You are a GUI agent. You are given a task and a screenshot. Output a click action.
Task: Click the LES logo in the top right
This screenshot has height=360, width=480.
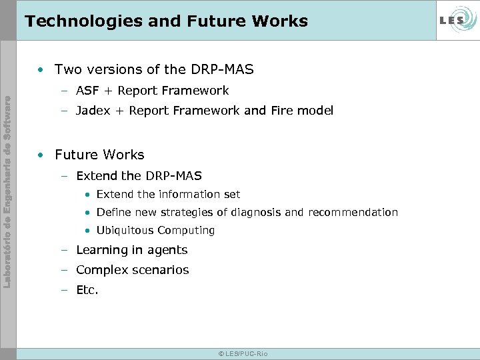coord(456,20)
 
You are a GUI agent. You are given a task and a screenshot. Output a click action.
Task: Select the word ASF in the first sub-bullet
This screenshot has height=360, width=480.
coord(87,91)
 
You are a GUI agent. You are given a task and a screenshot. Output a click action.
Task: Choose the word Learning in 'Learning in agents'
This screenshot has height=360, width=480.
coord(102,251)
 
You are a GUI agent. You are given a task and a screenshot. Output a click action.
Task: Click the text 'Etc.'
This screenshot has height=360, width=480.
coord(87,290)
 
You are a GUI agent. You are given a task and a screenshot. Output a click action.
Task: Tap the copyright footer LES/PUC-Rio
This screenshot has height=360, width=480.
coord(243,353)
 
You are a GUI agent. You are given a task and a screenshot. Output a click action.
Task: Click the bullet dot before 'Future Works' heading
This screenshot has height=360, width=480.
coord(42,155)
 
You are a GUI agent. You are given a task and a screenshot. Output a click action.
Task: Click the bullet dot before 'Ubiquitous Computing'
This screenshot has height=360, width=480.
coord(87,231)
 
